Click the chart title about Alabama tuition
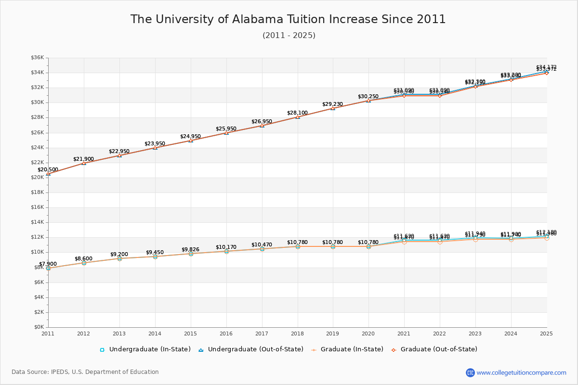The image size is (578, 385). (288, 19)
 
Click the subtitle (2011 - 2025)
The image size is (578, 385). (289, 36)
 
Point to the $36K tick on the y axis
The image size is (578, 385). (38, 58)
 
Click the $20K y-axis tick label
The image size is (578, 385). (38, 178)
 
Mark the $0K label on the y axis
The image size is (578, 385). (39, 327)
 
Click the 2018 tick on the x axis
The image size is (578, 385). (298, 333)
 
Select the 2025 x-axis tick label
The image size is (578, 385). (546, 333)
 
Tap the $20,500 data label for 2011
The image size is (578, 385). (48, 170)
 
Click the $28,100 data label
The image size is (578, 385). (298, 113)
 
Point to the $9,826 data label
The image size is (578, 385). (191, 250)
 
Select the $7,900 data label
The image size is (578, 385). (48, 264)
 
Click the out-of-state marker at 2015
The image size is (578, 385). (191, 141)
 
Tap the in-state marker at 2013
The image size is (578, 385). (119, 258)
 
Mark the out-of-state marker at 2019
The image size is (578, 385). (333, 108)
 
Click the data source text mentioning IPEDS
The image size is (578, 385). (85, 372)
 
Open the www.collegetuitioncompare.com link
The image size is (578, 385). (521, 372)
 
